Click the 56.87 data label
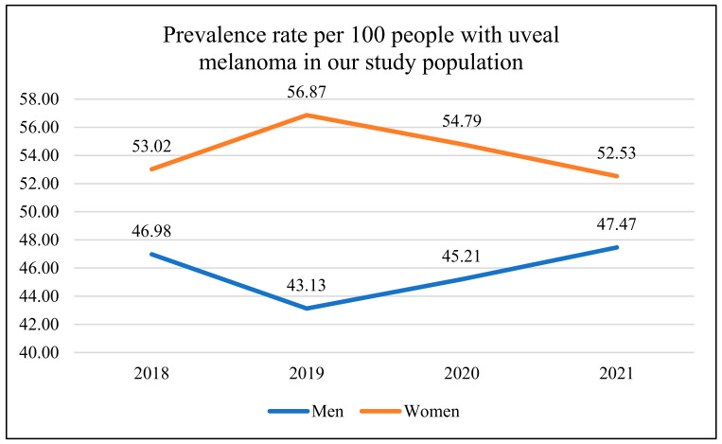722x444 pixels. pos(307,92)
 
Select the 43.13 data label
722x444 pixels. pos(307,285)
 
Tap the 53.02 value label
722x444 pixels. pos(151,146)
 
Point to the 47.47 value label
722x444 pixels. pos(616,223)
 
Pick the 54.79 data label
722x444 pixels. pos(462,120)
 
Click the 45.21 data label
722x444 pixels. pos(461,256)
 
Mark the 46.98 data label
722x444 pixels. pos(151,231)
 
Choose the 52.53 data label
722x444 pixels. pos(616,152)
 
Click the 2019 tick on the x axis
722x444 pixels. pos(307,373)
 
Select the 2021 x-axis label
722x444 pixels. pos(616,373)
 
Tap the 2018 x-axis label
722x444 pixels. pos(151,373)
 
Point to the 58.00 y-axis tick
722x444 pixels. pos(39,99)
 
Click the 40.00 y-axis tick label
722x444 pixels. pos(39,352)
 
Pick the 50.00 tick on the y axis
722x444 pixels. pos(39,212)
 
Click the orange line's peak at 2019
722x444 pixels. pos(307,115)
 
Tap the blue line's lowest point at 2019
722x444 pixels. pos(307,308)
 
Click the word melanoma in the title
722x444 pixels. pos(248,62)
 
